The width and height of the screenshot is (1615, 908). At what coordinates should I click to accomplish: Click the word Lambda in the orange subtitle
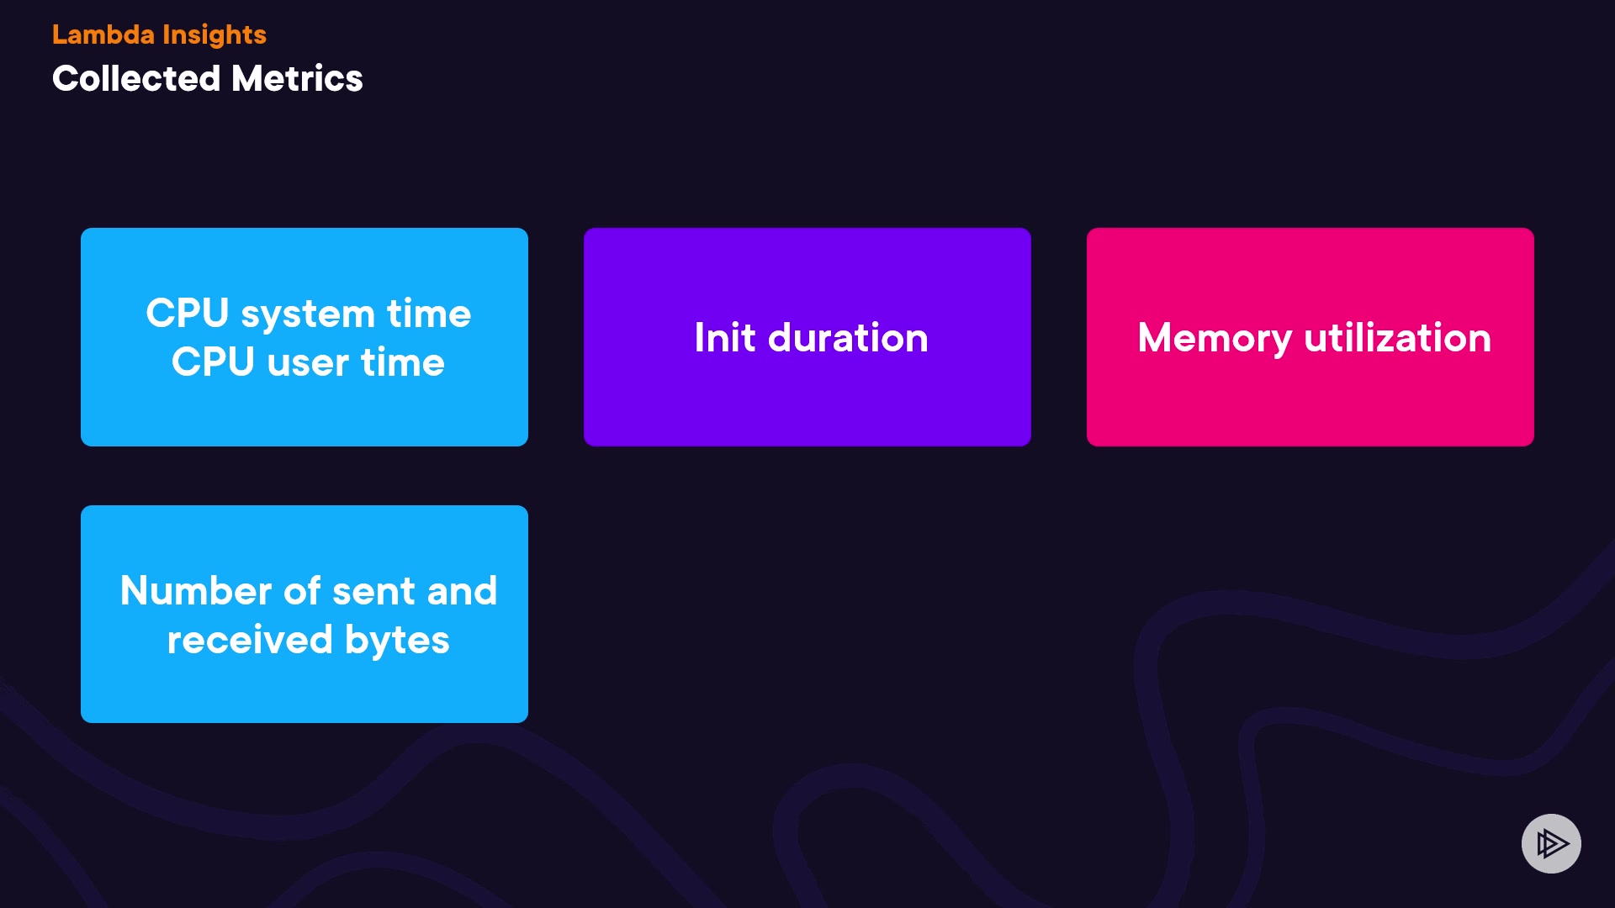click(x=103, y=34)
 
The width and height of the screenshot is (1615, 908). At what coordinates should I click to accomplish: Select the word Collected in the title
click(x=136, y=79)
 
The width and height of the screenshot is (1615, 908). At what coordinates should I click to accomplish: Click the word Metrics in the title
click(x=297, y=79)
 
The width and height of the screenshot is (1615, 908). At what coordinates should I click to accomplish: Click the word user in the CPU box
click(x=308, y=363)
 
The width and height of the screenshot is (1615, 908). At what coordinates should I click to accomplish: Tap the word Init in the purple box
click(x=725, y=338)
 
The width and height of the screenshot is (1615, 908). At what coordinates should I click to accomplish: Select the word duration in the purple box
click(x=848, y=338)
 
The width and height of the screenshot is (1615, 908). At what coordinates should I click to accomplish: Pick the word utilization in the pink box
click(x=1398, y=338)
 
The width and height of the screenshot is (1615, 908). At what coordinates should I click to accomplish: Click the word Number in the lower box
click(x=196, y=591)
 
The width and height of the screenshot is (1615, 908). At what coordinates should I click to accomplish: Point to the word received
click(x=250, y=640)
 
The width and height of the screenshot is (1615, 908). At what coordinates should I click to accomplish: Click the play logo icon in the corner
click(x=1551, y=843)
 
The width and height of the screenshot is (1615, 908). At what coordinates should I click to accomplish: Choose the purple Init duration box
click(x=807, y=337)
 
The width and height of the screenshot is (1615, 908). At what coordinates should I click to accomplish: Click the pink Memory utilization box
click(x=1311, y=337)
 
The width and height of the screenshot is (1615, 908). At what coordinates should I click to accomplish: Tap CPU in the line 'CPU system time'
click(x=188, y=314)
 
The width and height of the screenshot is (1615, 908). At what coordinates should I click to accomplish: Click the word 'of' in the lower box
click(x=302, y=591)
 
